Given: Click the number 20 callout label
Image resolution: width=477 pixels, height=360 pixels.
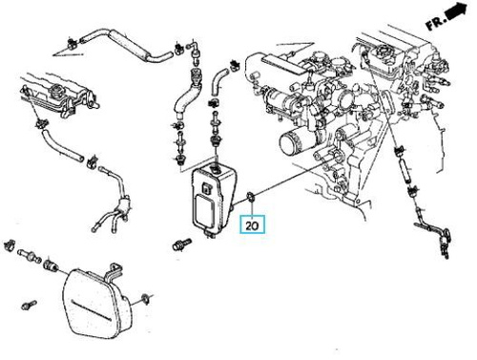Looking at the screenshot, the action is [x=252, y=225].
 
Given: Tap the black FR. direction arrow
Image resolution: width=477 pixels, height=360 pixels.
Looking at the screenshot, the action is [x=457, y=11].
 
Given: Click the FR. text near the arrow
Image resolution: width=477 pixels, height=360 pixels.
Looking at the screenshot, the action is [x=435, y=23].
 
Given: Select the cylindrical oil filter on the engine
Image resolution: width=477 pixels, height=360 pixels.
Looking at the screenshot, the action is [x=292, y=143].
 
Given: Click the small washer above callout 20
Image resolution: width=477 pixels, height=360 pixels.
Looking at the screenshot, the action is [x=251, y=197].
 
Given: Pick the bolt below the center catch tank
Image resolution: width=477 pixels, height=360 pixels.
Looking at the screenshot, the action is [x=181, y=244].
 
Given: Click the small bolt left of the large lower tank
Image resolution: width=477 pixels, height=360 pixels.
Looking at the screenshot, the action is [x=29, y=305].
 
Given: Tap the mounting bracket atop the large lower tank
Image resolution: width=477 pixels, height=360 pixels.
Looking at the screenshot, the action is [x=114, y=273].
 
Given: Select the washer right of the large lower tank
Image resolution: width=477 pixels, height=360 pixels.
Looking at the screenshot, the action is [x=146, y=299].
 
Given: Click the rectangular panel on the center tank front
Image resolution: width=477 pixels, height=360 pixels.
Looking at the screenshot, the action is [x=204, y=210].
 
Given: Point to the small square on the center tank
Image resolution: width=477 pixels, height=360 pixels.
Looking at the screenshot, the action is [x=206, y=188].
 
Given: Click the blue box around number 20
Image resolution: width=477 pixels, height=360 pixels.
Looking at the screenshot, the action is [x=252, y=225].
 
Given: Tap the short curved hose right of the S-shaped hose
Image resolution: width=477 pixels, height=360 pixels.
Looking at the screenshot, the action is [x=218, y=82].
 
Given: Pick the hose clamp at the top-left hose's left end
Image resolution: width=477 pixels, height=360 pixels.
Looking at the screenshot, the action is [x=71, y=44].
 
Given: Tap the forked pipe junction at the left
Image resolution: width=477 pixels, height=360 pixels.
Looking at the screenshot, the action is [x=123, y=203].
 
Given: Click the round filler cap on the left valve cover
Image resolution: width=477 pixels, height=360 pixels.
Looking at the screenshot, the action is [x=56, y=92].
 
